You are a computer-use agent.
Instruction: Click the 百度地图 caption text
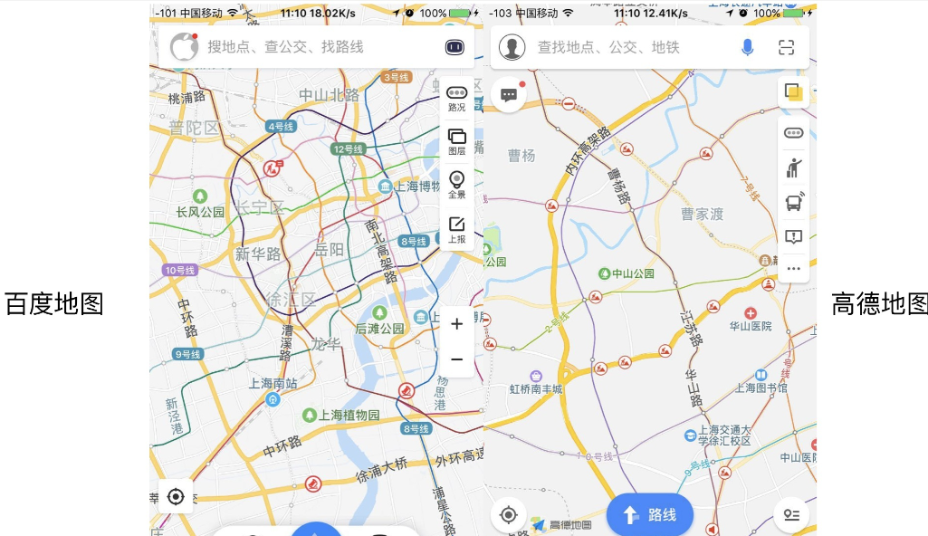(x=54, y=304)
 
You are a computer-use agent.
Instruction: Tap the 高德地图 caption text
(x=879, y=304)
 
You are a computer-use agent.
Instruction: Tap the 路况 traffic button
(x=457, y=98)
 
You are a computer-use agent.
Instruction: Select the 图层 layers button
(x=457, y=141)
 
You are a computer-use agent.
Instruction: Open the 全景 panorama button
(x=457, y=185)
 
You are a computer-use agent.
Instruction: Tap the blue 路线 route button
(x=649, y=515)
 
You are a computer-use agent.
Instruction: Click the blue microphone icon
(x=748, y=47)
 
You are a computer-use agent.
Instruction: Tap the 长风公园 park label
(x=200, y=212)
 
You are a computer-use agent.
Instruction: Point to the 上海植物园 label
(x=349, y=415)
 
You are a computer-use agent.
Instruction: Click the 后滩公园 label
(x=379, y=329)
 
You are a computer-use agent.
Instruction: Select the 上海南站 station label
(x=273, y=384)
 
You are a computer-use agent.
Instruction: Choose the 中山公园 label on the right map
(x=632, y=273)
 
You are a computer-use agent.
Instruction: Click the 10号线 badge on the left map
(x=180, y=270)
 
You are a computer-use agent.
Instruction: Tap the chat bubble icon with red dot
(x=509, y=94)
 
